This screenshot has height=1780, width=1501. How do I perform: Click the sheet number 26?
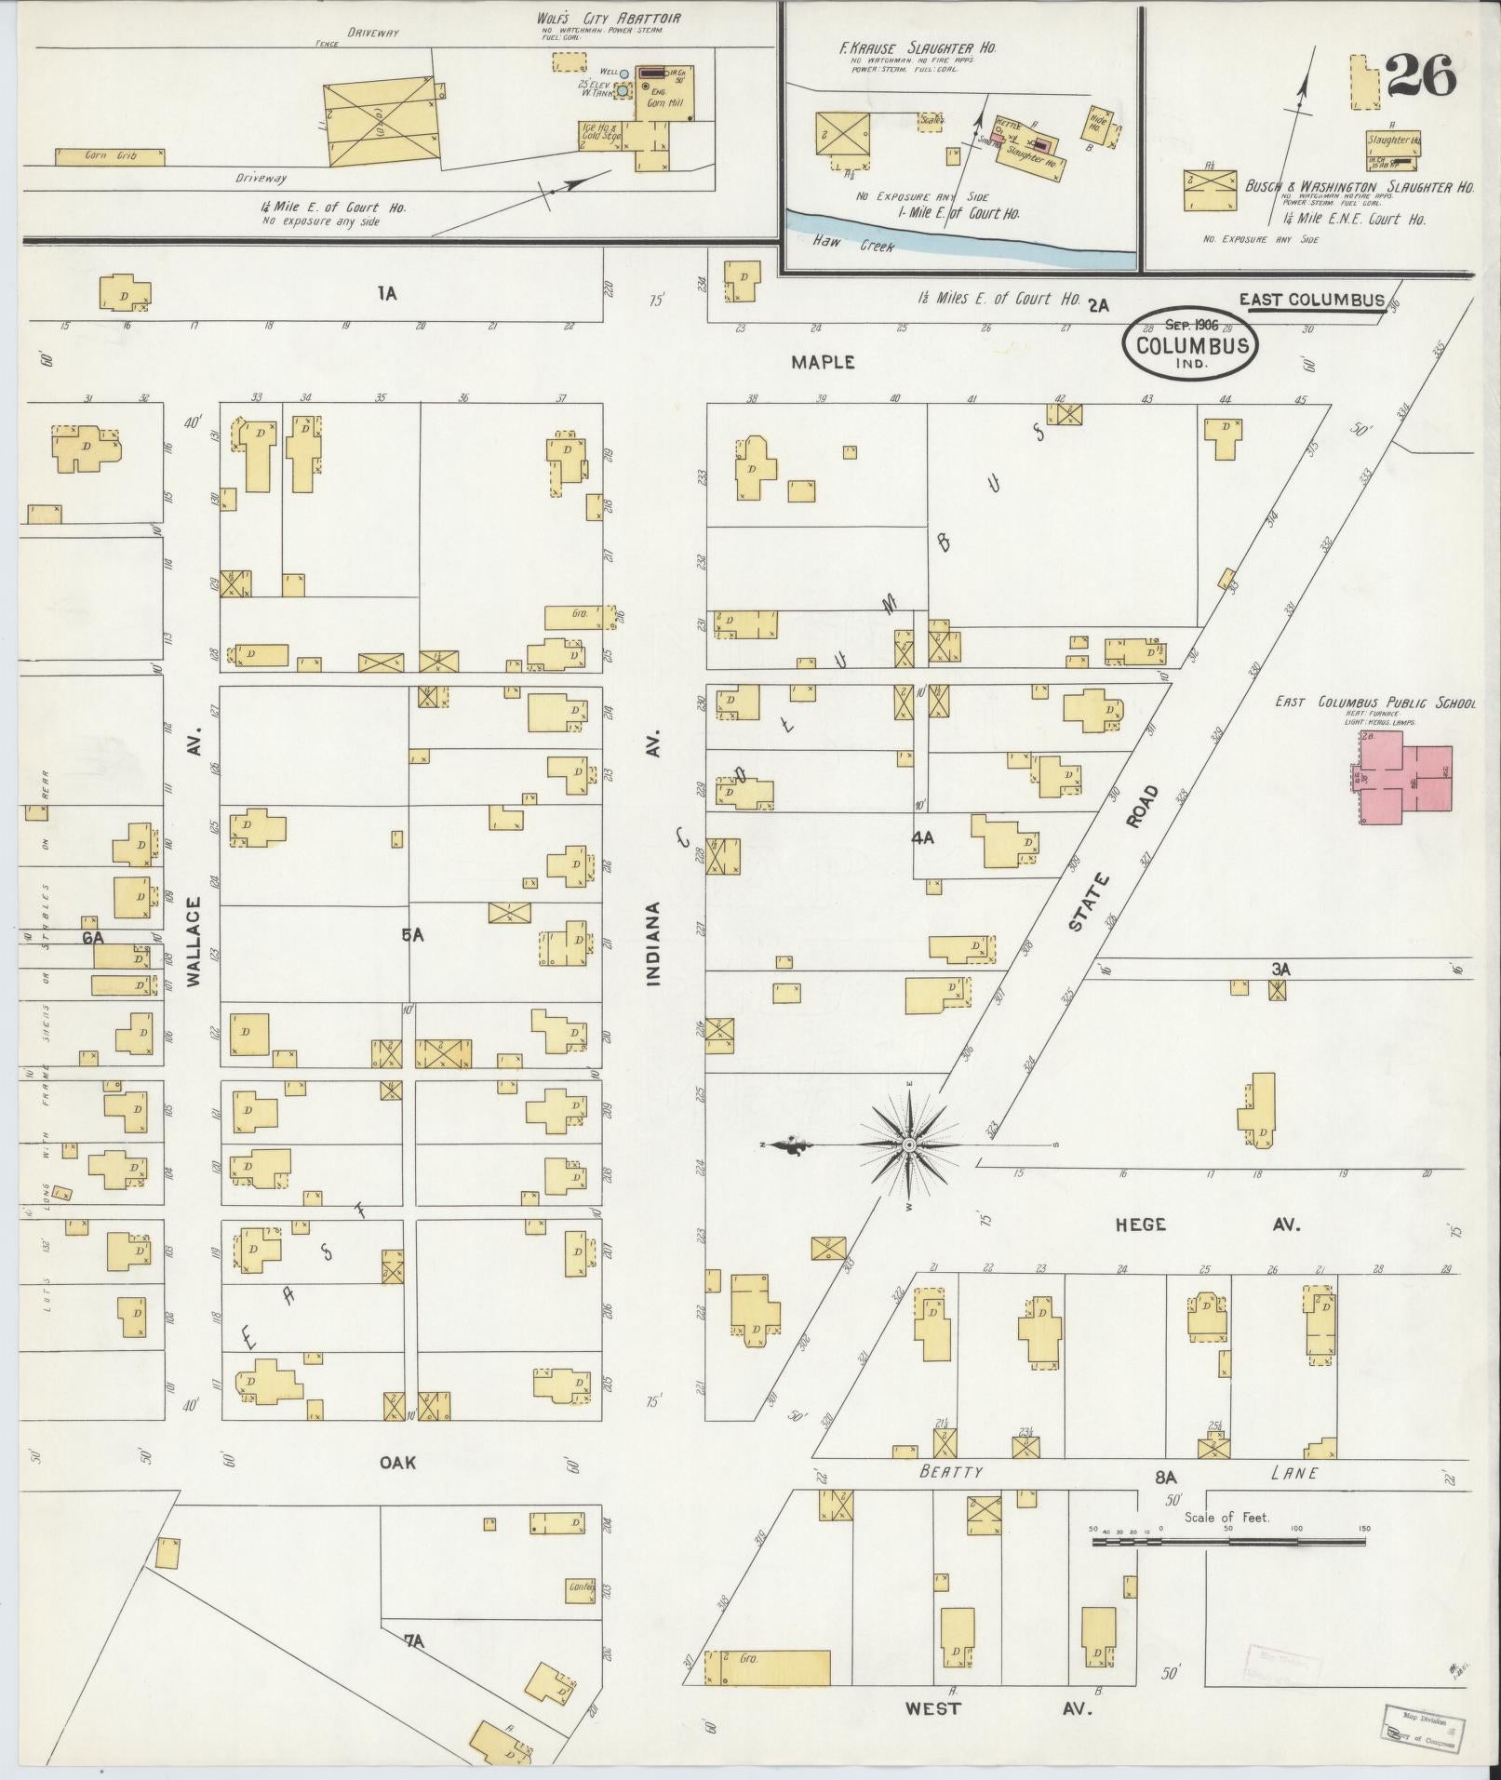1420,77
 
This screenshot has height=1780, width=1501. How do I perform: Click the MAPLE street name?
823,362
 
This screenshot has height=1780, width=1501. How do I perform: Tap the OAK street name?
397,1463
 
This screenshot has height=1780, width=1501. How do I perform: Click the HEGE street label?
1141,1225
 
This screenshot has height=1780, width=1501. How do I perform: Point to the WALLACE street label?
194,942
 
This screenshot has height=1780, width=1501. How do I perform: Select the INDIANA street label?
653,944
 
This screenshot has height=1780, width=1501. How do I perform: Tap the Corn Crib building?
110,156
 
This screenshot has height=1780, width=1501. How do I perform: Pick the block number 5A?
412,935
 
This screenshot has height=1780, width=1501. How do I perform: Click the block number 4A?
922,837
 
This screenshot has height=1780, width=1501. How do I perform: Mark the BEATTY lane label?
951,1471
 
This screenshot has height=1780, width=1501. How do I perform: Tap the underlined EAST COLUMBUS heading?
1311,300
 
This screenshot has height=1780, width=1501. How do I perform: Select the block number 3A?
1281,970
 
